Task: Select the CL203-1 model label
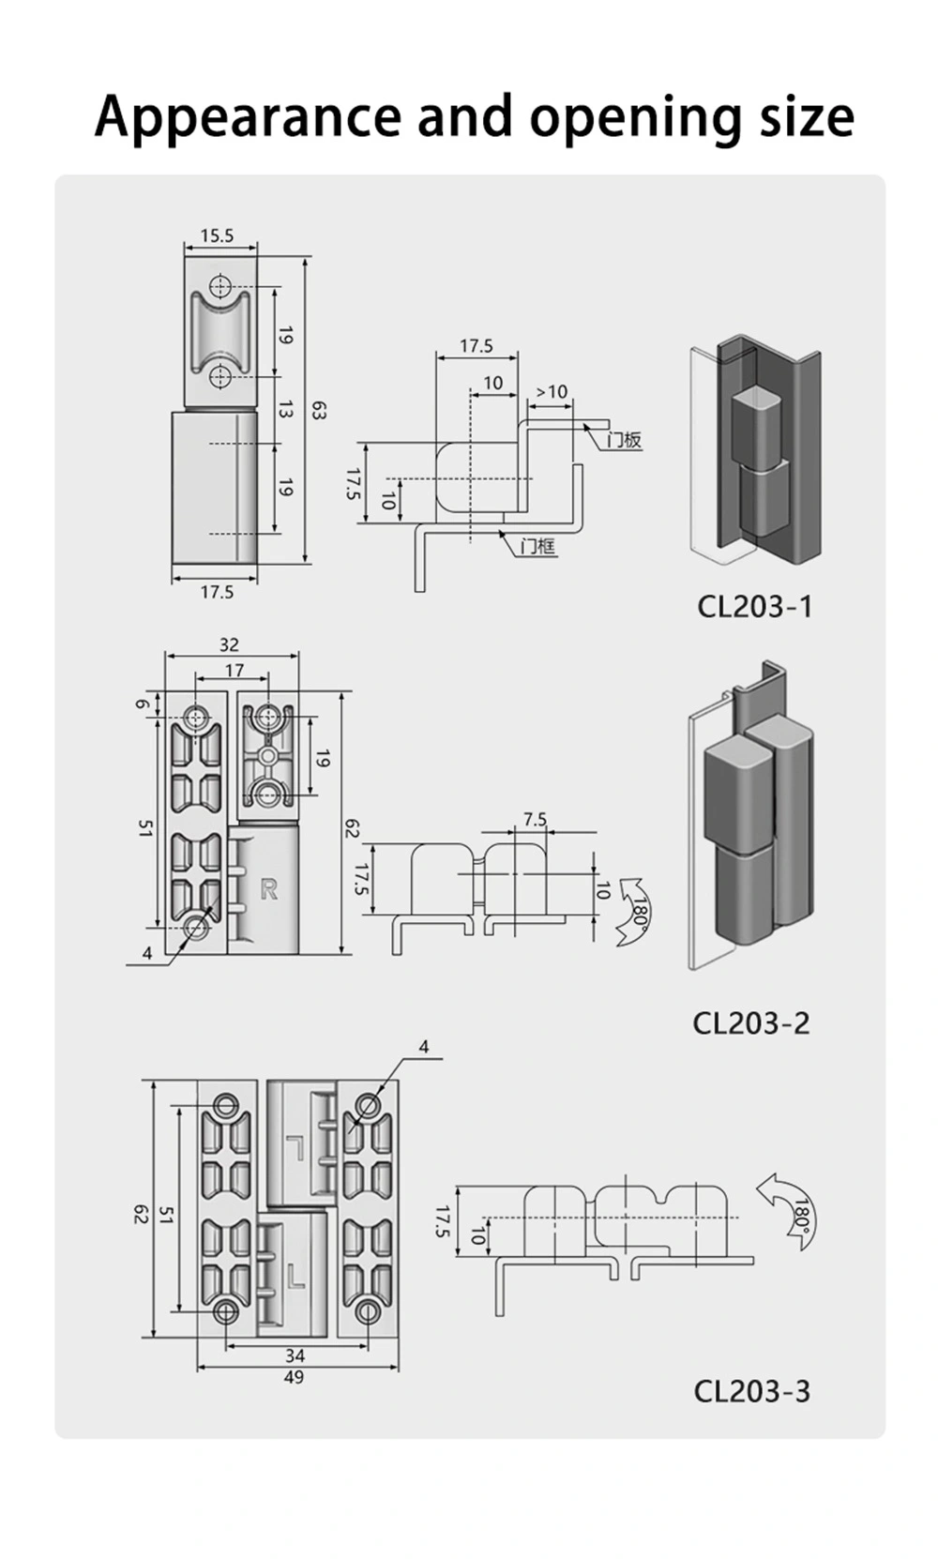coord(753,606)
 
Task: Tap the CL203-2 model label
coord(750,1022)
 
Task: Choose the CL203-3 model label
coord(750,1390)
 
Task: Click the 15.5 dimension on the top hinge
coord(217,236)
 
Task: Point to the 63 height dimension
coord(319,410)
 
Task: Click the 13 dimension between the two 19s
coord(285,409)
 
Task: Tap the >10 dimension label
coord(551,391)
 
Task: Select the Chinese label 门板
coord(623,440)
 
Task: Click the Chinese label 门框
coord(538,545)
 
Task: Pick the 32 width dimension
coord(229,644)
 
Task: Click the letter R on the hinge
coord(268,888)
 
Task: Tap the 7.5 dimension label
coord(535,819)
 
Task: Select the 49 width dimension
coord(294,1377)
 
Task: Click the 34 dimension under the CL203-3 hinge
coord(295,1355)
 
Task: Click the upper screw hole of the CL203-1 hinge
coord(219,286)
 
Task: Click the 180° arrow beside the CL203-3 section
coord(791,1210)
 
